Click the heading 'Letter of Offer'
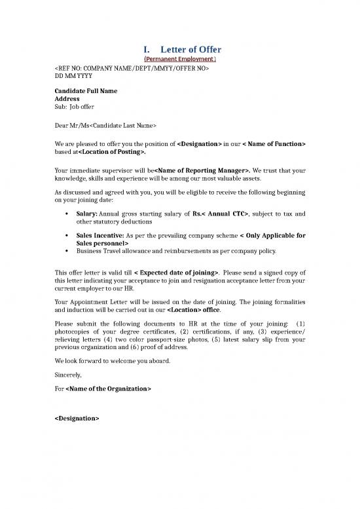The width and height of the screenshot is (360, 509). coord(191,50)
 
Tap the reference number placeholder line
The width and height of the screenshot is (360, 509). coord(131,68)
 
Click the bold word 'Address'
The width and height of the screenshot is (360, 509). coord(67,98)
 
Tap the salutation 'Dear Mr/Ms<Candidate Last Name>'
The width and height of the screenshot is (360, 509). coord(105,124)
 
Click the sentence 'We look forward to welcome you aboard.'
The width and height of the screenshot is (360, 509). coord(113,361)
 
